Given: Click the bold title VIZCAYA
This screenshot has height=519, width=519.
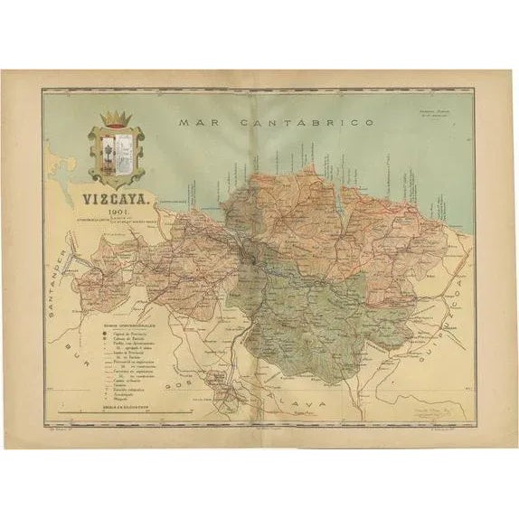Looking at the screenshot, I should click(x=117, y=201).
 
